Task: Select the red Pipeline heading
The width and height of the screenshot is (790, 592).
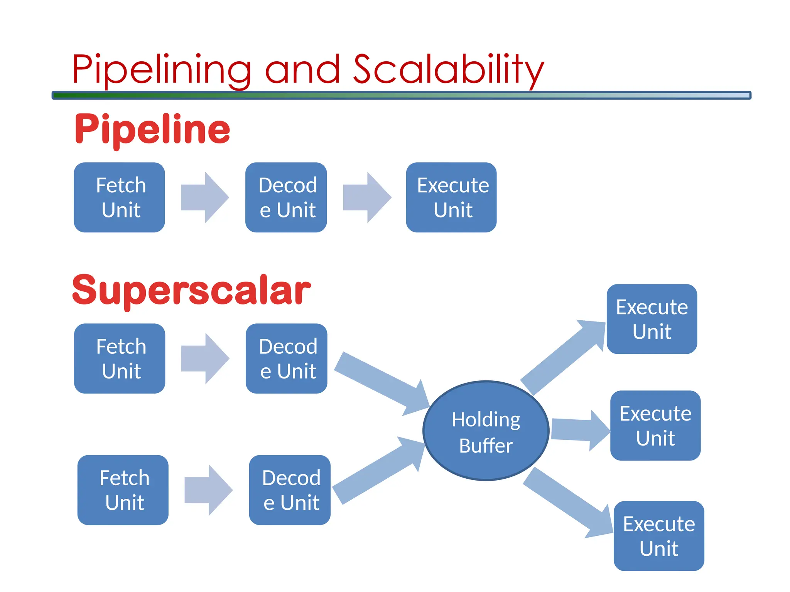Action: [152, 129]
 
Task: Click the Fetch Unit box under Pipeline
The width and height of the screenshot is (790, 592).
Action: [120, 197]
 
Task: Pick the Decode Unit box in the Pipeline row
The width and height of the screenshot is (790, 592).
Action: [286, 197]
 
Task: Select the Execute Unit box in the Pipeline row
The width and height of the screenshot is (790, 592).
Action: [451, 197]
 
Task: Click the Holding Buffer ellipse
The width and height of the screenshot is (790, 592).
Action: [486, 431]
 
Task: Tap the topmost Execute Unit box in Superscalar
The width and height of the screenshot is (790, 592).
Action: [652, 319]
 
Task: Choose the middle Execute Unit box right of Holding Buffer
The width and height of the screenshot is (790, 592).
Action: [655, 425]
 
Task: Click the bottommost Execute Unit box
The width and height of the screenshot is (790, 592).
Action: [659, 536]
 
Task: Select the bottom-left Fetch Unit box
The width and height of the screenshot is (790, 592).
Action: [123, 490]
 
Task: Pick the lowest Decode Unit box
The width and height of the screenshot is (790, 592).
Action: [290, 490]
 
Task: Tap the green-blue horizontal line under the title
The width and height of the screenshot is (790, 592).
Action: [401, 95]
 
